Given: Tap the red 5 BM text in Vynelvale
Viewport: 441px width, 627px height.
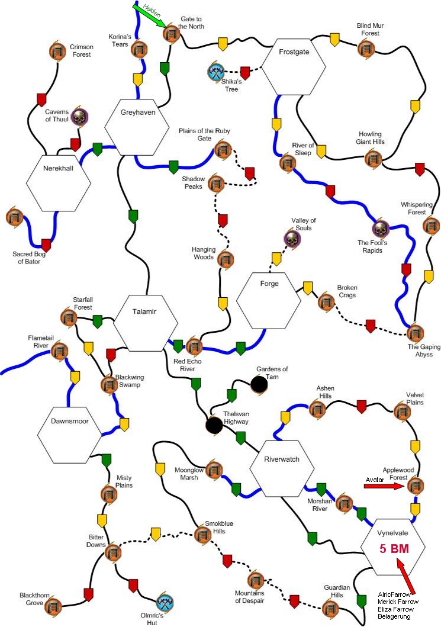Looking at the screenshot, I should (x=394, y=548).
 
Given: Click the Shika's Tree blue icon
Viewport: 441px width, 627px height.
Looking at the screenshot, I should (x=215, y=72).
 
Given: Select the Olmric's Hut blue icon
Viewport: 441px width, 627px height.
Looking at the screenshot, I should (x=165, y=603).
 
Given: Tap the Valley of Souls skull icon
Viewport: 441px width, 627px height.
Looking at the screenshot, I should (x=292, y=239).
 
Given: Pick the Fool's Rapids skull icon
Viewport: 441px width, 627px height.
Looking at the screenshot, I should (x=380, y=228).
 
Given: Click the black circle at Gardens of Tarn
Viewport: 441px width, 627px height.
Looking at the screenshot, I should (x=259, y=385).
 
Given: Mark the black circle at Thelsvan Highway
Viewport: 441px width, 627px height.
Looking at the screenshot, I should (x=214, y=425).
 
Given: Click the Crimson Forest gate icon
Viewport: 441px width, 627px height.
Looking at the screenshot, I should (x=57, y=52).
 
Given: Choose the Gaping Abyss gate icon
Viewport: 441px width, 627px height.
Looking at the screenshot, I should (x=416, y=333).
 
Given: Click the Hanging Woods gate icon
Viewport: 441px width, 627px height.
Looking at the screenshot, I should (x=224, y=259).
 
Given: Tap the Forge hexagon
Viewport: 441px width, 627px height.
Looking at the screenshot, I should (x=269, y=299).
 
